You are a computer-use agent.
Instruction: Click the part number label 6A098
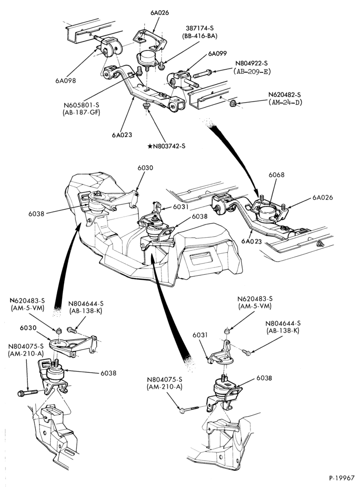[66, 81]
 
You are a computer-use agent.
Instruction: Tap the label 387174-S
[196, 28]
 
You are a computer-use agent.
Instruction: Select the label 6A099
[218, 54]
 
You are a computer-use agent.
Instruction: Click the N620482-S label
[286, 94]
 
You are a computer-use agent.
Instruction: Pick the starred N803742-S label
[166, 146]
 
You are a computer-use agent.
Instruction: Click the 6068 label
[277, 175]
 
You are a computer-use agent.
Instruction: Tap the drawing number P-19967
[341, 478]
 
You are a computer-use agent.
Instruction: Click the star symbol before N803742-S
[150, 146]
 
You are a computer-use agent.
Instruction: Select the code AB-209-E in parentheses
[252, 71]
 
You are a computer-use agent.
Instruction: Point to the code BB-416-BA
[196, 36]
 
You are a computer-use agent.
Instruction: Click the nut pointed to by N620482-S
[232, 103]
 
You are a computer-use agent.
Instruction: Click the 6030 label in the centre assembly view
[145, 168]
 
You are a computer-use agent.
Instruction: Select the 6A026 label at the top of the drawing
[159, 13]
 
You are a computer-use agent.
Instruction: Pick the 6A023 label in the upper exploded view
[122, 135]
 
